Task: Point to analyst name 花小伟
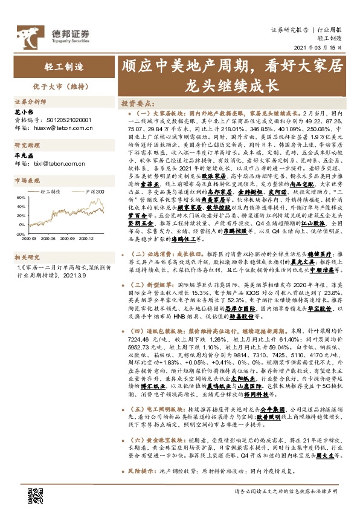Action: pos(22,112)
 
